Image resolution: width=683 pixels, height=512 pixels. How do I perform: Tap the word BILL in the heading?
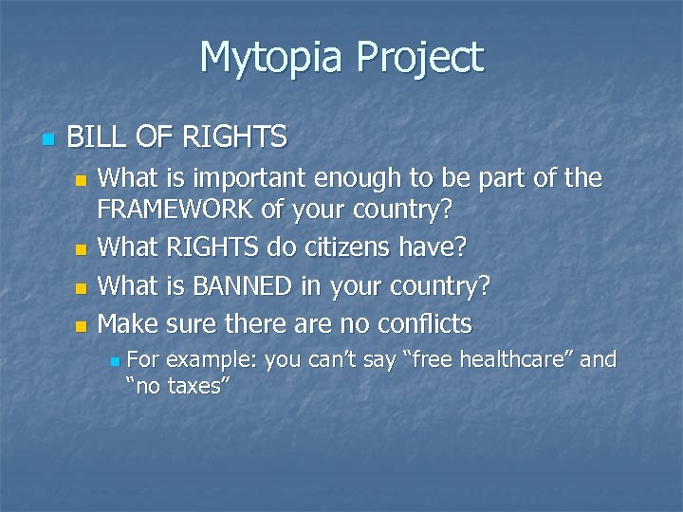(x=94, y=138)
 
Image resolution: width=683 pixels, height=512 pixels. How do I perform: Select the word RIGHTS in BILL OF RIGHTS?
(x=234, y=138)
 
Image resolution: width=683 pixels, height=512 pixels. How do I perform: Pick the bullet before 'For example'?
(x=114, y=361)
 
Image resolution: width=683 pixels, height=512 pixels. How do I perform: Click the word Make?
(x=128, y=323)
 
